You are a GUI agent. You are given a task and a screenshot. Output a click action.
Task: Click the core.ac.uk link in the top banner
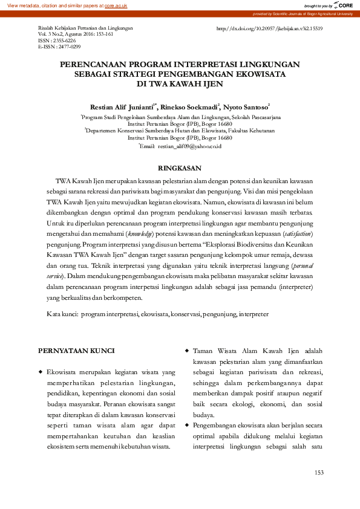pyautogui.click(x=116, y=5)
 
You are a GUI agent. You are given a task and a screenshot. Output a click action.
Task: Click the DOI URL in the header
pyautogui.click(x=269, y=28)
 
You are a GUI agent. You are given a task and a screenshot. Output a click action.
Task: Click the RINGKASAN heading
pyautogui.click(x=179, y=167)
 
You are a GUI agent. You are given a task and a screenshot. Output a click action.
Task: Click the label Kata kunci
pyautogui.click(x=62, y=314)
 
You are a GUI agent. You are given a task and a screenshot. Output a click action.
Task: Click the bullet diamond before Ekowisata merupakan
pyautogui.click(x=41, y=371)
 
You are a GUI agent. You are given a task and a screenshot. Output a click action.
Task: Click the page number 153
pyautogui.click(x=320, y=472)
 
